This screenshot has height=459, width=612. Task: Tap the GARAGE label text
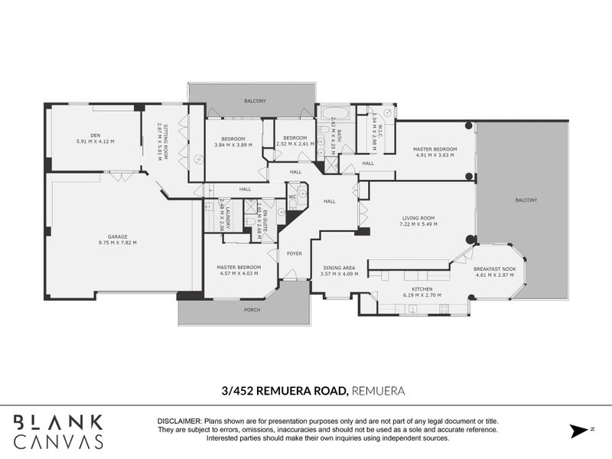[117, 236]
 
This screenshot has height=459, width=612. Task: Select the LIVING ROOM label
[418, 218]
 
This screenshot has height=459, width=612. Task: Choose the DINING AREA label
[337, 268]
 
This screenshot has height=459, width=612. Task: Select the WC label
[292, 197]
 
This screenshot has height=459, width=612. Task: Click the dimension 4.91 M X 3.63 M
[435, 155]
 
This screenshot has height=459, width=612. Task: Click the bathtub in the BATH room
[334, 116]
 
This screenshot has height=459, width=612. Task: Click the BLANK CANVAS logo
[60, 431]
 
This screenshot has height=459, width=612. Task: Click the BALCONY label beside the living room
[526, 200]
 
